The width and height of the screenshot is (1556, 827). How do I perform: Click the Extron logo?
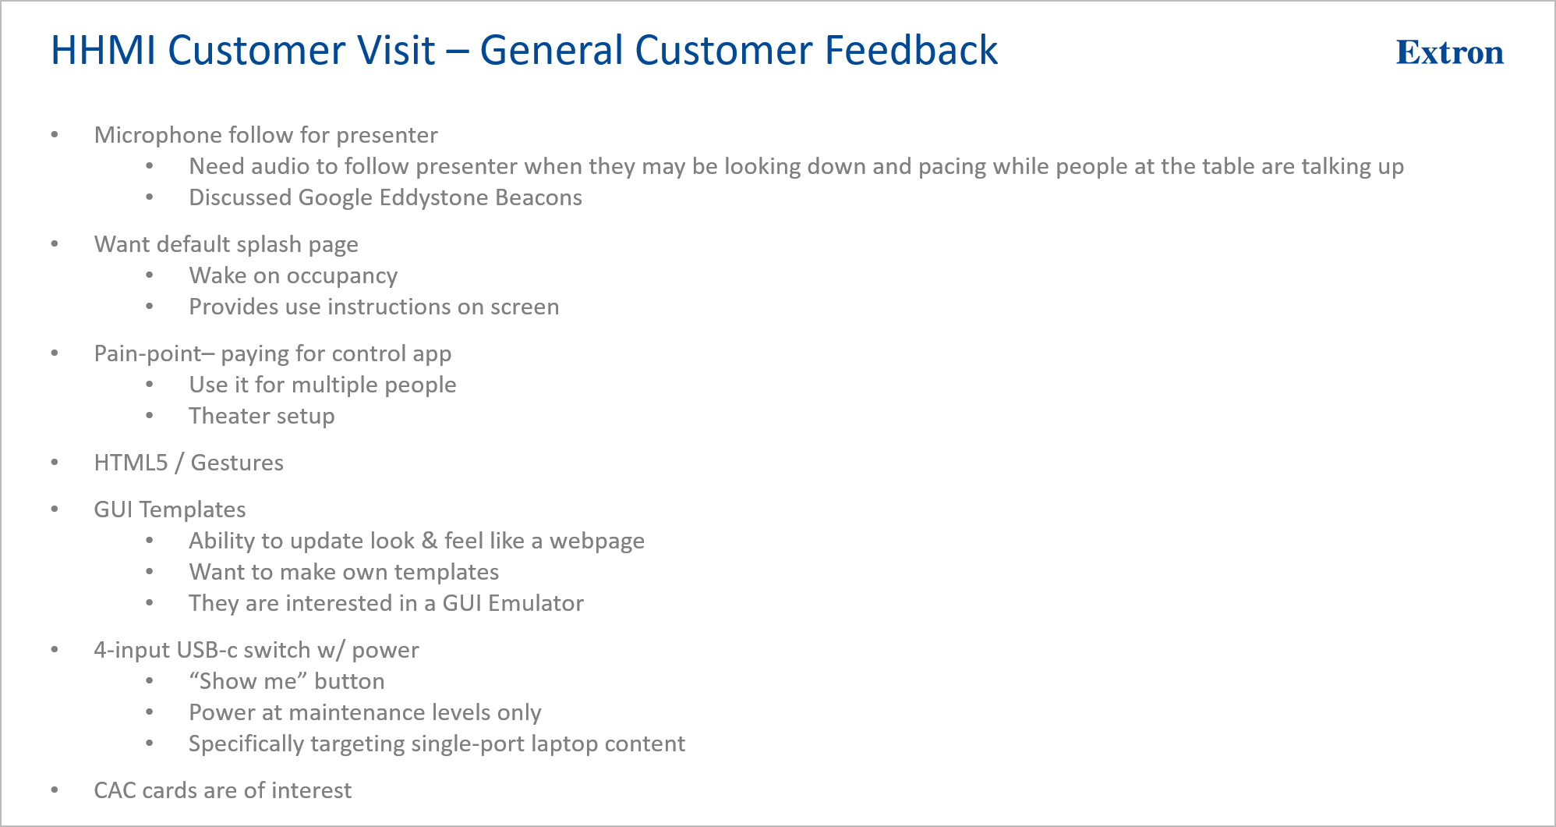(1450, 52)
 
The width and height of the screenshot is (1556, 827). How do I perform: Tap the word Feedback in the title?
(911, 51)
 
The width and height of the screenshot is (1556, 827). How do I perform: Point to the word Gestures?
(237, 463)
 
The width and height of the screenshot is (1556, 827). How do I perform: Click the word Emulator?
(536, 603)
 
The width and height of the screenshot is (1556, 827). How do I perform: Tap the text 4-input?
(132, 650)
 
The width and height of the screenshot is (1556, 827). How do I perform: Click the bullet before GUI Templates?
(55, 509)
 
